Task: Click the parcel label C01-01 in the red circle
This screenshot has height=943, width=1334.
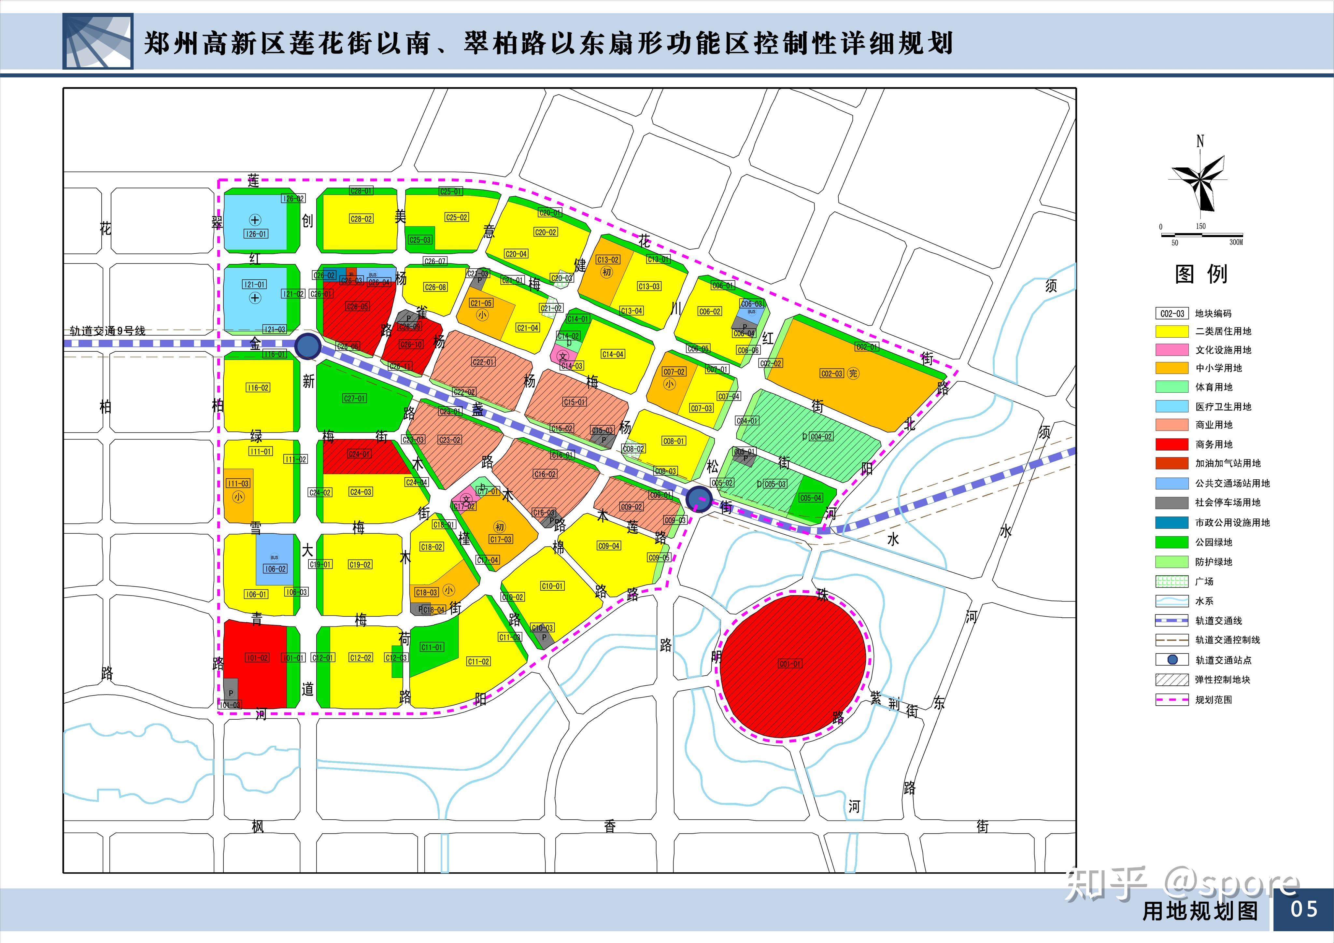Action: click(x=790, y=664)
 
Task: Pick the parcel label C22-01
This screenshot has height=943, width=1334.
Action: click(x=483, y=362)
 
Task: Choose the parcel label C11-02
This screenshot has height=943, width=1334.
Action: click(x=478, y=661)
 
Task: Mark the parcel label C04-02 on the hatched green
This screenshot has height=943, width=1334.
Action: click(x=821, y=436)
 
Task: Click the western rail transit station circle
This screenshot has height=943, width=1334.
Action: click(x=308, y=346)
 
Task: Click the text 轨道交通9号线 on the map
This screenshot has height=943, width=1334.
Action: click(x=107, y=331)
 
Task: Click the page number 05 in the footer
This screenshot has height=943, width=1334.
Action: click(x=1304, y=909)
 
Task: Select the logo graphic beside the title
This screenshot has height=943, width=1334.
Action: click(x=98, y=42)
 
